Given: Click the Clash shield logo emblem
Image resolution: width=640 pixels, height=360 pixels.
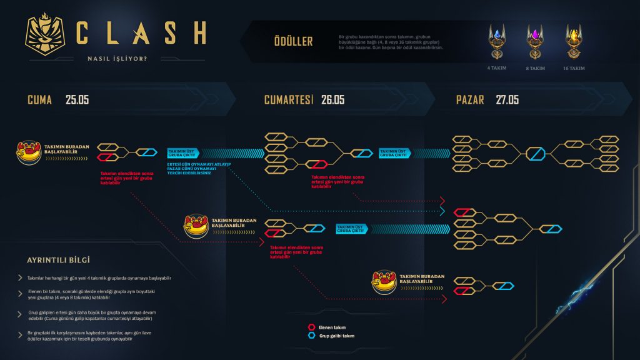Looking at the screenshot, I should tap(47, 37).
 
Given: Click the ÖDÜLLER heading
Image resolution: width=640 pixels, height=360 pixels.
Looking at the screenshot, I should tap(293, 42).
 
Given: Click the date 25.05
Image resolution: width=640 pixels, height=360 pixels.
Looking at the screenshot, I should tap(77, 99).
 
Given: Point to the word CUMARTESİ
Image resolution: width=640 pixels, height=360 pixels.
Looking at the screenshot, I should tap(288, 99).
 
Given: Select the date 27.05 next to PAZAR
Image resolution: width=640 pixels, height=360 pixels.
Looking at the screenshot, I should tap(507, 99).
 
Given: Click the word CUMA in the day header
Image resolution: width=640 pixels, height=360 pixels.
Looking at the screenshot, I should tap(39, 99).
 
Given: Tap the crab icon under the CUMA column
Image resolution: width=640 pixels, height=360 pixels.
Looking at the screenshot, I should tap(29, 152).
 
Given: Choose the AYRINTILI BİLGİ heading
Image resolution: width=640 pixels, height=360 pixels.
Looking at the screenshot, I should tap(59, 260).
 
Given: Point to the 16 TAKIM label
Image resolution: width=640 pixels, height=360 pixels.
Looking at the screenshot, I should tap(573, 67).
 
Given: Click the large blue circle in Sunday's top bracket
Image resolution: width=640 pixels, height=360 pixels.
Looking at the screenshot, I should tap(536, 153).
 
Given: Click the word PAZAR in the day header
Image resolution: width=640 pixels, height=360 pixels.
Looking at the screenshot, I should tap(470, 99).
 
